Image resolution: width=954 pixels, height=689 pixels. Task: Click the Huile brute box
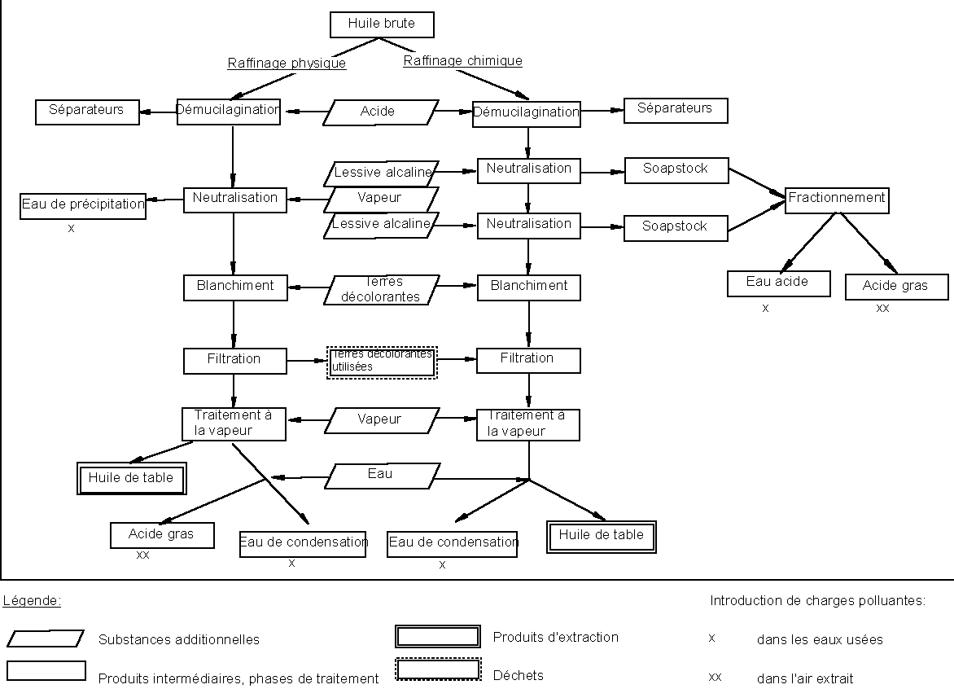click(382, 24)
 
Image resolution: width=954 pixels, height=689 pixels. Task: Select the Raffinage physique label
click(287, 64)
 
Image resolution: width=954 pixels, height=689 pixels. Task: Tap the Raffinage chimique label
click(463, 61)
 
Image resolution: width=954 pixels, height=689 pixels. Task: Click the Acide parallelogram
click(380, 112)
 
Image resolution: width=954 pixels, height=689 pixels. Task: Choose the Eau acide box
click(778, 283)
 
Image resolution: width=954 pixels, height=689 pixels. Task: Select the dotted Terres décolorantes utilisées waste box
click(382, 362)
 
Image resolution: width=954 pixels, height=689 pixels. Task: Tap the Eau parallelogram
click(381, 476)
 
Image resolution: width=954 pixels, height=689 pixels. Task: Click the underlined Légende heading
click(33, 602)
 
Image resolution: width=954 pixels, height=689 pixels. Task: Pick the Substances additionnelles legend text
click(179, 640)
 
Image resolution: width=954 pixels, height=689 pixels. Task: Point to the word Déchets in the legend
click(519, 675)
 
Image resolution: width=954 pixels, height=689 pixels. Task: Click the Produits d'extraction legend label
click(556, 638)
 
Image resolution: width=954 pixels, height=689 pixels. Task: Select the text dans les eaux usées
click(820, 640)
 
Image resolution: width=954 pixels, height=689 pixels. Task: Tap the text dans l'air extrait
click(805, 678)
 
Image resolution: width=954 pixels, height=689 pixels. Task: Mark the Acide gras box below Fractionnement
click(896, 287)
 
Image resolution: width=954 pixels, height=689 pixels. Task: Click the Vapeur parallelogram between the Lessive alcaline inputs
click(380, 199)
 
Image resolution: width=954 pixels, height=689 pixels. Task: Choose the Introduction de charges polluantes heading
click(817, 602)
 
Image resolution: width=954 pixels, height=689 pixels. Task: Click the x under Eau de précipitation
click(72, 229)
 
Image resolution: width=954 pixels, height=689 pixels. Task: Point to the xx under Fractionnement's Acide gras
click(882, 309)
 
